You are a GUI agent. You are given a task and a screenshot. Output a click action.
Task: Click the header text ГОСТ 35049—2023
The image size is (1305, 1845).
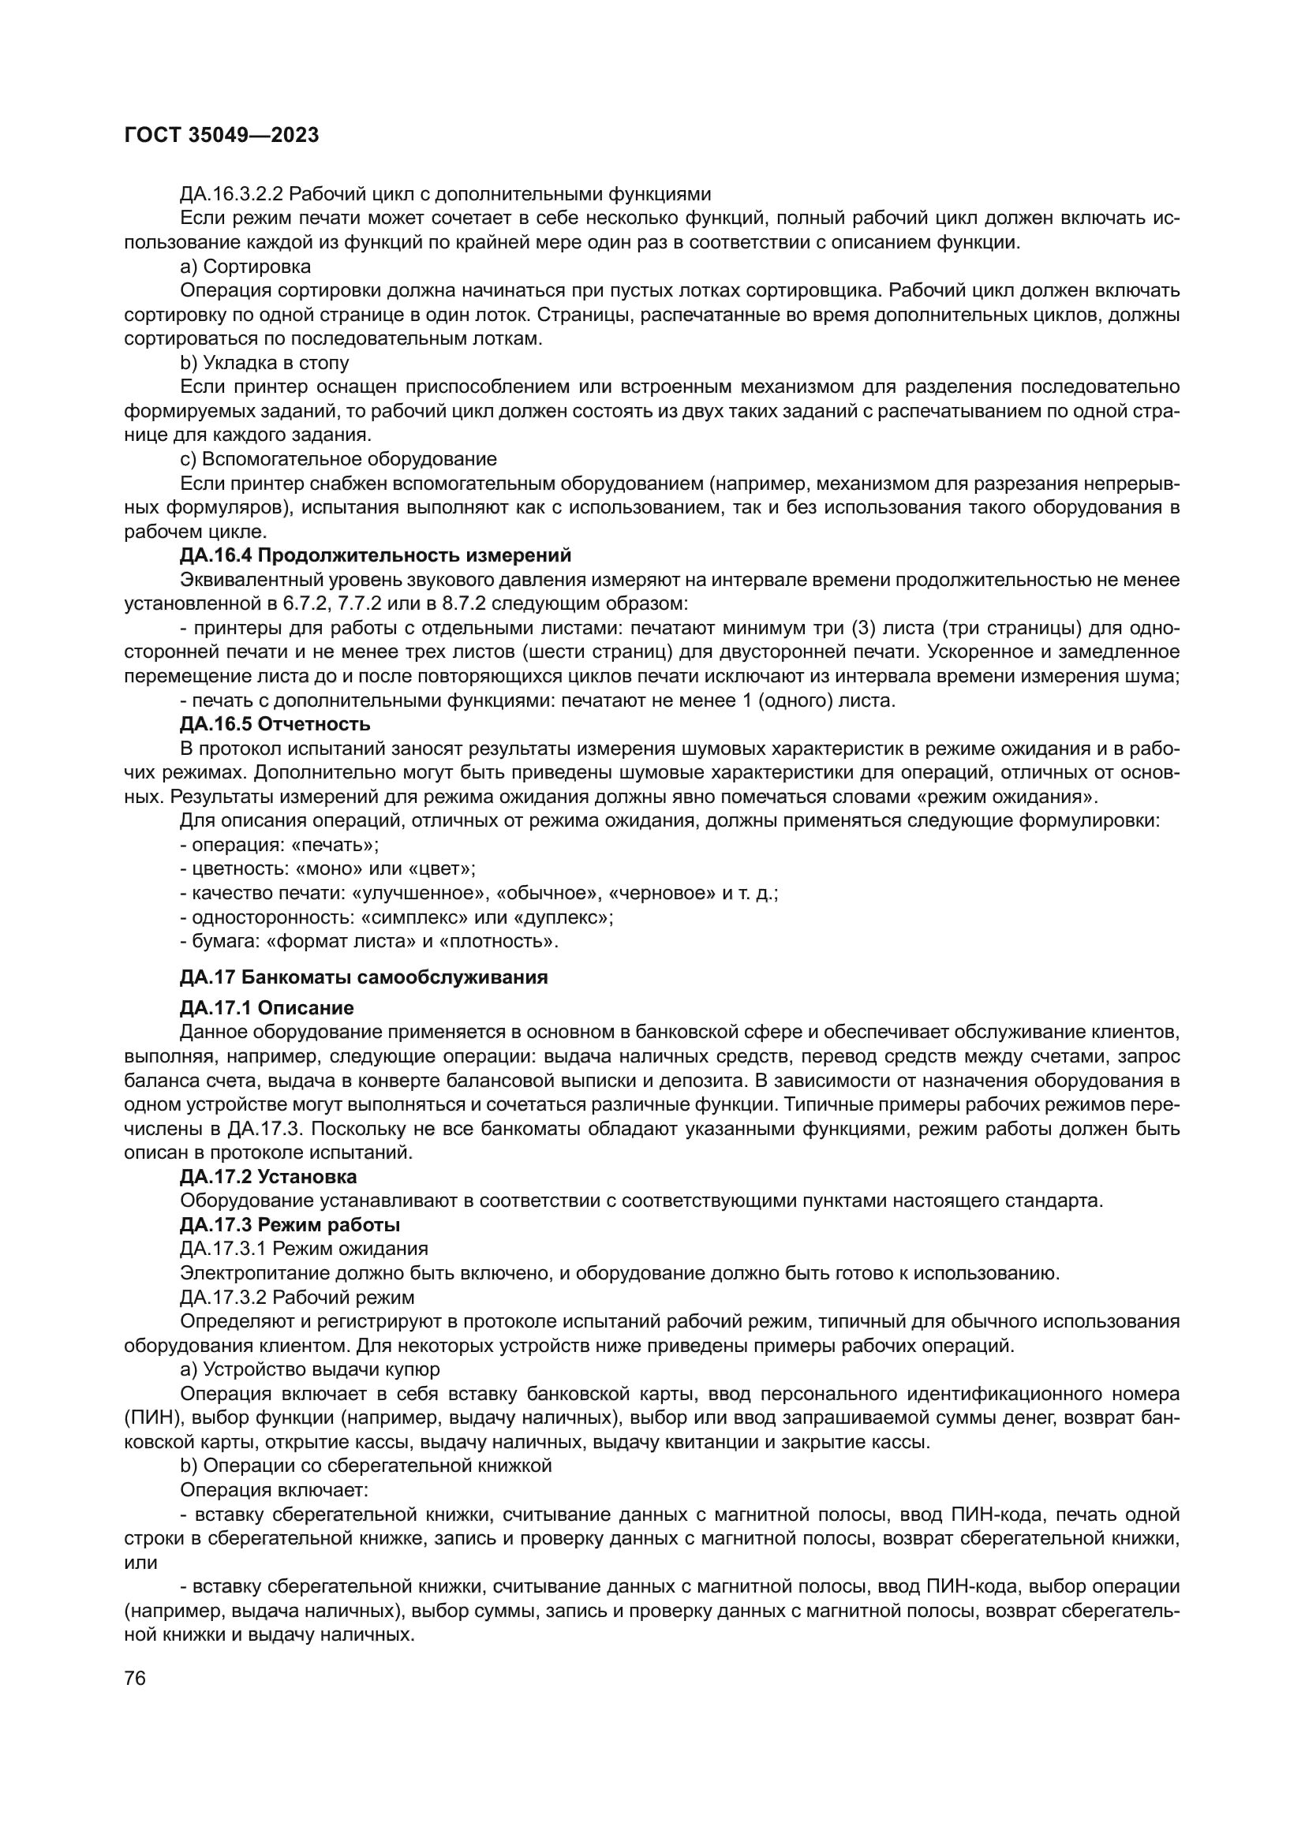221,135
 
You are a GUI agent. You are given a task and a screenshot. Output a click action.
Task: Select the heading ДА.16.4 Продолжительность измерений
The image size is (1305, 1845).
376,555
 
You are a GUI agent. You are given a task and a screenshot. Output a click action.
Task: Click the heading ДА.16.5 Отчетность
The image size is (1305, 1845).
275,724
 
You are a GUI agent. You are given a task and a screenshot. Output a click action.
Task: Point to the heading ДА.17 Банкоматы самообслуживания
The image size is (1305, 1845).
363,977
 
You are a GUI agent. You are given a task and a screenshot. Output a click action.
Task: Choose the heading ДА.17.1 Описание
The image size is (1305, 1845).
267,1007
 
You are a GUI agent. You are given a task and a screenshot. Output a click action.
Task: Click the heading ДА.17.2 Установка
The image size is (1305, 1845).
268,1176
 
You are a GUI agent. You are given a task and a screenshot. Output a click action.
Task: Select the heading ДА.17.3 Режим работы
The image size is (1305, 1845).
290,1225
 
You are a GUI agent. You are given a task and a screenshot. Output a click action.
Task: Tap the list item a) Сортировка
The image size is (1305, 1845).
245,266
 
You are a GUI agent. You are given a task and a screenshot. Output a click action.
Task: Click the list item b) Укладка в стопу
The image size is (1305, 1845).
264,362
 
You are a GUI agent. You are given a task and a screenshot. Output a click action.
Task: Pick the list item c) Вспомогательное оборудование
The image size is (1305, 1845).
338,459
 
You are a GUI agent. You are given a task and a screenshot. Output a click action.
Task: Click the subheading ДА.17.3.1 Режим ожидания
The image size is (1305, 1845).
304,1249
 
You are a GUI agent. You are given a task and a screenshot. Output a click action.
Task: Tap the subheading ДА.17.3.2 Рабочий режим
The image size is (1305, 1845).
297,1297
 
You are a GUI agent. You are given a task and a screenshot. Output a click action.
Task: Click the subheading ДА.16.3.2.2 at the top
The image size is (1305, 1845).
445,194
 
